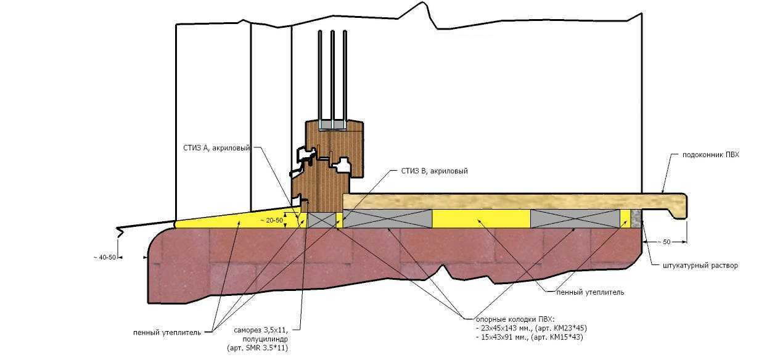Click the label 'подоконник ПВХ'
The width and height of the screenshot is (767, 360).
coord(711,155)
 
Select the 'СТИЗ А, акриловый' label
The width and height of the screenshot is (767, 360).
coord(216,148)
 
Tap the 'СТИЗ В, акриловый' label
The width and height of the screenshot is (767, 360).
coord(434,171)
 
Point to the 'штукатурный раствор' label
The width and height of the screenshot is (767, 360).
coord(700,266)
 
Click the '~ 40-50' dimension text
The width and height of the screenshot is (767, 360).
coord(105,257)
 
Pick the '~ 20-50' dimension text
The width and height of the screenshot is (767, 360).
coord(272,221)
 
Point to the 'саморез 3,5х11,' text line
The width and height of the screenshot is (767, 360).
coord(261,330)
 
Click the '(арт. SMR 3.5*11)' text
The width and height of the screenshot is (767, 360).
coord(258,348)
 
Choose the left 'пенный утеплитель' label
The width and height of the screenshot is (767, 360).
coord(167,333)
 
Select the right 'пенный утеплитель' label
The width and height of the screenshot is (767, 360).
coord(590,292)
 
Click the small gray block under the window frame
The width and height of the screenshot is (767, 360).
coord(322,220)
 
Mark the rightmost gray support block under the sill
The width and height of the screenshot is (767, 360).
coord(575,219)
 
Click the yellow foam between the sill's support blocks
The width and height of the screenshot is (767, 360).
coord(481,219)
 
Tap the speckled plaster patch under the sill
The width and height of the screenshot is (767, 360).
coord(636,219)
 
